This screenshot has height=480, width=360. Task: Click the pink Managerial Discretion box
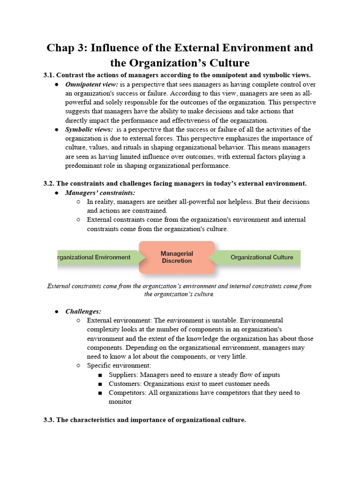[177, 257]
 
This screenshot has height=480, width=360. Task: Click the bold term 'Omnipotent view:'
[91, 84]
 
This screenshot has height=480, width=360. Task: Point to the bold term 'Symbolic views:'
[89, 129]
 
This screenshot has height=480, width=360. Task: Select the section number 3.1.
[49, 75]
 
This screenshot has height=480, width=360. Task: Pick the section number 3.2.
[49, 183]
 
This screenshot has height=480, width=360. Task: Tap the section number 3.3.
[49, 420]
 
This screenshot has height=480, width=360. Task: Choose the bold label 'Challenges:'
[83, 311]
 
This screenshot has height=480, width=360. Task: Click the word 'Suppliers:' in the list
[123, 375]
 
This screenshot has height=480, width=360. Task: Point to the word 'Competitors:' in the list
[127, 392]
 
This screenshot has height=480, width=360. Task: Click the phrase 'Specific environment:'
[119, 366]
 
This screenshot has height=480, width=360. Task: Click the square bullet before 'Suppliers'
[101, 375]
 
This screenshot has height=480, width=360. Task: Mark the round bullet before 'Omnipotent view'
[56, 85]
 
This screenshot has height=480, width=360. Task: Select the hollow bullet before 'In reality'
[78, 202]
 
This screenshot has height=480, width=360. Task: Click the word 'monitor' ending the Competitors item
[120, 402]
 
